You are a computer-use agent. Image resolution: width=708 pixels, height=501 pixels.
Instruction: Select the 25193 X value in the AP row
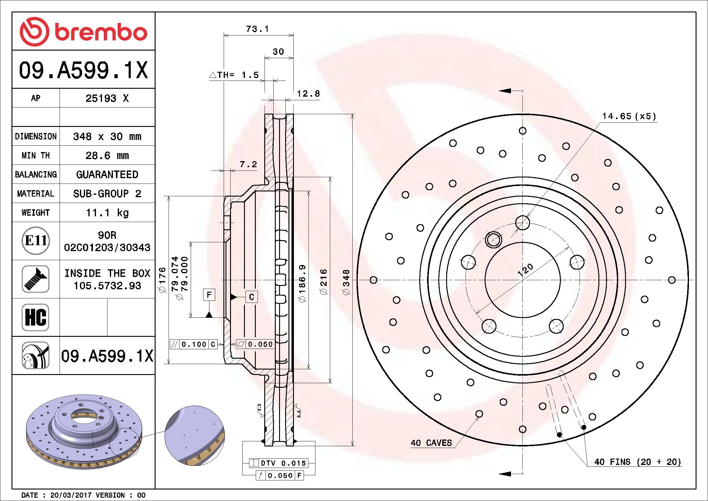click(x=107, y=98)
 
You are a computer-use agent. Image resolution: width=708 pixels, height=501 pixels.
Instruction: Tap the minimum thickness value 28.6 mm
click(x=107, y=155)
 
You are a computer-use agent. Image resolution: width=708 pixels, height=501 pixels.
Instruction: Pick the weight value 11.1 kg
click(x=107, y=213)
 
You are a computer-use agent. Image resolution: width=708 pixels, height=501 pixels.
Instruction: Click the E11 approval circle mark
click(x=36, y=241)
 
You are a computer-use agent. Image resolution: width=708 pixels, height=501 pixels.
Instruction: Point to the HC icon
click(x=35, y=317)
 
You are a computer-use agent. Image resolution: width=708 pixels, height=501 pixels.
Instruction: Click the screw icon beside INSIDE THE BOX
click(x=35, y=279)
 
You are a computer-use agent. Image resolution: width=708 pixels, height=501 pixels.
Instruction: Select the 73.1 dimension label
click(x=258, y=29)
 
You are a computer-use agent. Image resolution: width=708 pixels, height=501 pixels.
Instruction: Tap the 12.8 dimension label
click(x=308, y=94)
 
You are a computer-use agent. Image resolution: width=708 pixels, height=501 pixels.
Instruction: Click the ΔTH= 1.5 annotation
click(x=234, y=75)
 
